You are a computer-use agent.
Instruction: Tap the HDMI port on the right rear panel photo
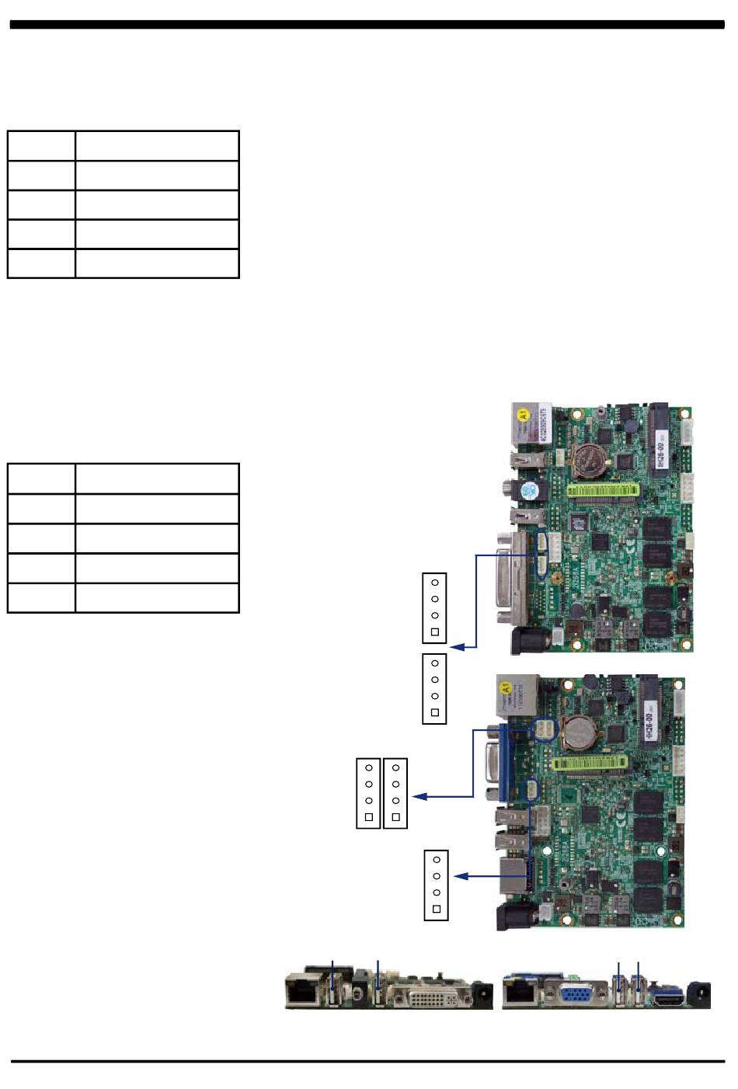[x=669, y=997]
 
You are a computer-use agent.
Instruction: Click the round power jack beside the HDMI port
[x=700, y=993]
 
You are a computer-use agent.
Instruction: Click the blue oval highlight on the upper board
[x=544, y=554]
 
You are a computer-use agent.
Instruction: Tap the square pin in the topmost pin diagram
[x=435, y=632]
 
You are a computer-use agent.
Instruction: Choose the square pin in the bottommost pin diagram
[x=437, y=909]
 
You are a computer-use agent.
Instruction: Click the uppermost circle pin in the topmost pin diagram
[x=435, y=583]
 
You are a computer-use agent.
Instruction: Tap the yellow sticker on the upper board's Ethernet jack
[x=524, y=413]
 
